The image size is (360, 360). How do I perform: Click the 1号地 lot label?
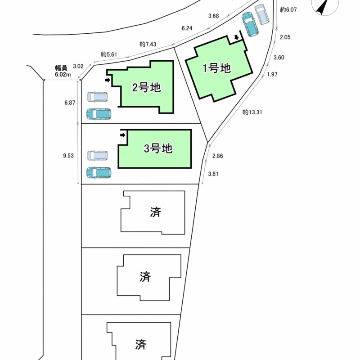pyautogui.click(x=216, y=68)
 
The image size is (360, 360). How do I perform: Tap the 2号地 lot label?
pyautogui.click(x=147, y=88)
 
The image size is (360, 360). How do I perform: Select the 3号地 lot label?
pyautogui.click(x=158, y=149)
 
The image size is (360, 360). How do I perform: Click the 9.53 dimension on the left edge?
pyautogui.click(x=69, y=155)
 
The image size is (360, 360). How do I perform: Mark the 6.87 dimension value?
pyautogui.click(x=69, y=103)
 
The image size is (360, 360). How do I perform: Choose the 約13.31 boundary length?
pyautogui.click(x=252, y=112)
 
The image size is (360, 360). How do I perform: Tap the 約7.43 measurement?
pyautogui.click(x=148, y=44)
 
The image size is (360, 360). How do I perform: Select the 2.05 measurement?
pyautogui.click(x=285, y=38)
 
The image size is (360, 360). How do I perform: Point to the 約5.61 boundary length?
pyautogui.click(x=109, y=54)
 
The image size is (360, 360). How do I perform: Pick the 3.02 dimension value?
pyautogui.click(x=78, y=66)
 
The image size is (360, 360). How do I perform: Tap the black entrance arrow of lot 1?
pyautogui.click(x=236, y=37)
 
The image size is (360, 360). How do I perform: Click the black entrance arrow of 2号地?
pyautogui.click(x=107, y=80)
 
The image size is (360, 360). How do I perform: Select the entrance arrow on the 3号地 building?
pyautogui.click(x=122, y=134)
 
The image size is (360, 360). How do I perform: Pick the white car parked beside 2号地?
pyautogui.click(x=98, y=97)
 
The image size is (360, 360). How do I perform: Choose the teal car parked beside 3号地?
pyautogui.click(x=99, y=172)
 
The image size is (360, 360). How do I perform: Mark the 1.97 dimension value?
pyautogui.click(x=272, y=74)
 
